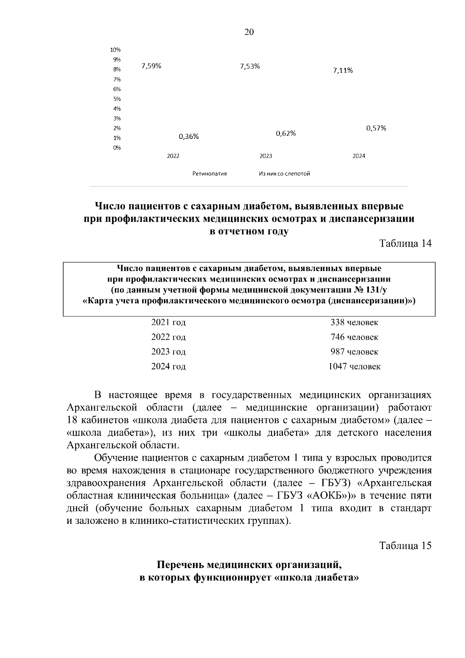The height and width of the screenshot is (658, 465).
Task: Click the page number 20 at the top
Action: (x=249, y=32)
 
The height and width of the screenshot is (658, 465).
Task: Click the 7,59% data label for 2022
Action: (x=151, y=66)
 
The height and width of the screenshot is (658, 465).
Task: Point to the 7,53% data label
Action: (x=250, y=66)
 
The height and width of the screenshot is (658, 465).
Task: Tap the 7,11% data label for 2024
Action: (x=343, y=71)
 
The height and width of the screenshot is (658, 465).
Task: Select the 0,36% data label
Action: (x=189, y=136)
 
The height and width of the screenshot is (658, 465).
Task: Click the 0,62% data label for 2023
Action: (x=286, y=134)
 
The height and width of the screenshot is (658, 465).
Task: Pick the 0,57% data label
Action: (x=376, y=128)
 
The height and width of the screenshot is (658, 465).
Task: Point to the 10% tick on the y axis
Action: (x=115, y=50)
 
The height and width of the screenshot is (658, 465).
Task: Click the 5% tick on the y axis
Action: (x=117, y=99)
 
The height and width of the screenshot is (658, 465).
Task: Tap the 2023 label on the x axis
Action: (x=266, y=156)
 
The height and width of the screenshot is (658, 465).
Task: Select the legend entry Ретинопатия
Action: (x=210, y=174)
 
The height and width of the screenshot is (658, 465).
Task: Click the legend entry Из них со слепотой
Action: (x=284, y=174)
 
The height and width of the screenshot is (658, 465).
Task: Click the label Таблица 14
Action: (x=405, y=244)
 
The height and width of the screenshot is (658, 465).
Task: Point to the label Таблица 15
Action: (x=405, y=546)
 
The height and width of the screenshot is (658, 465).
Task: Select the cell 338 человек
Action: (x=354, y=323)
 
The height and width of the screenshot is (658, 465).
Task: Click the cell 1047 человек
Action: (x=354, y=366)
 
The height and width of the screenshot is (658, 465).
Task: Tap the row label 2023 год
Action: (x=168, y=352)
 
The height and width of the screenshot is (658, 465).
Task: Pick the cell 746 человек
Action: (x=354, y=337)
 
